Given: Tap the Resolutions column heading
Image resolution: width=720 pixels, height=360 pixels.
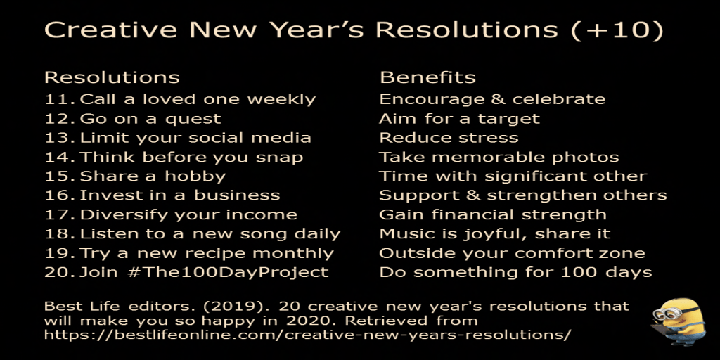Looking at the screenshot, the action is tap(112, 77).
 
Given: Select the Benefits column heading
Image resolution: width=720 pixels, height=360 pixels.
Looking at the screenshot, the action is tap(427, 77).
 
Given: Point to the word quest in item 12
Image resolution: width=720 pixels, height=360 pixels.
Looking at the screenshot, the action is tap(193, 120).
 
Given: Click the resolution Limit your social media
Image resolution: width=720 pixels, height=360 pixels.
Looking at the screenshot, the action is tap(195, 138).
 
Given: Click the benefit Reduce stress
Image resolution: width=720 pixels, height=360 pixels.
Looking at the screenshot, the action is tap(449, 138).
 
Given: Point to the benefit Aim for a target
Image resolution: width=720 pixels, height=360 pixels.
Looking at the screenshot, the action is tap(459, 120).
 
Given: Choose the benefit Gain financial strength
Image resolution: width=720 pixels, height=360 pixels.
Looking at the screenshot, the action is tap(493, 215).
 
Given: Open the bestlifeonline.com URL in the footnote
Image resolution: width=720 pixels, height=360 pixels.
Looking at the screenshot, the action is tap(308, 335).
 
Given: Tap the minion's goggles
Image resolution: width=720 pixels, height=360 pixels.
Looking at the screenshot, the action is tap(667, 313).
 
